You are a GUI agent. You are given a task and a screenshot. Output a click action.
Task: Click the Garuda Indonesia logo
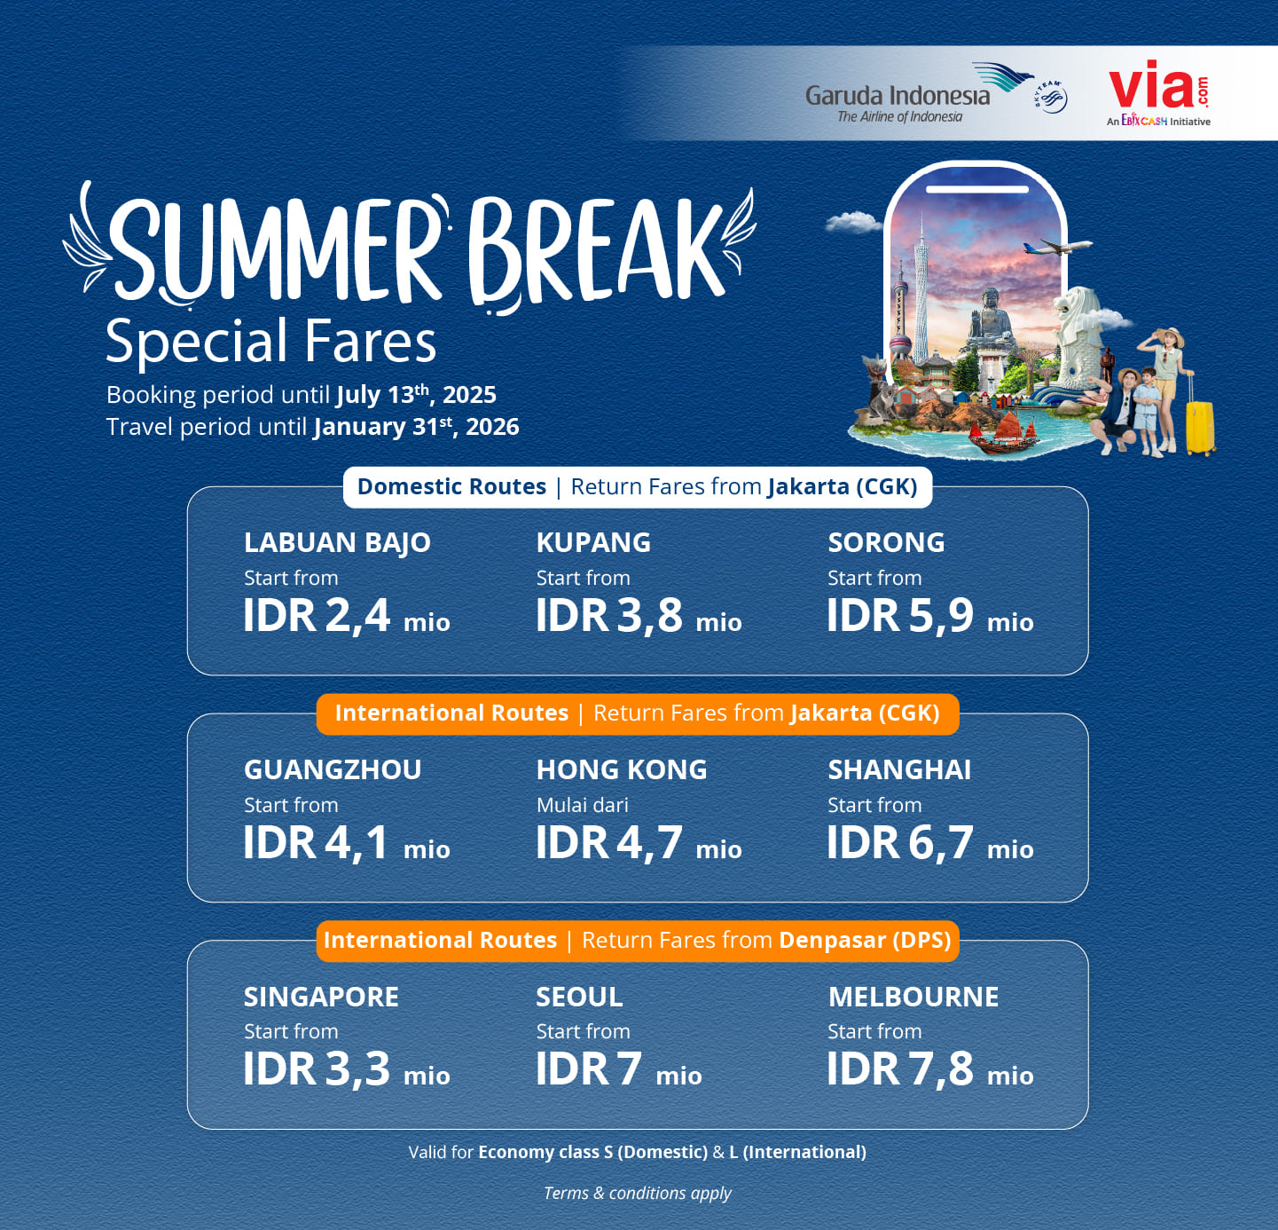click(920, 94)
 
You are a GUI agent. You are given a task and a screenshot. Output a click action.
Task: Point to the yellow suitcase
click(1200, 418)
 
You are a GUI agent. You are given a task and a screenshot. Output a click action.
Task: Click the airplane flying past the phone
click(1057, 247)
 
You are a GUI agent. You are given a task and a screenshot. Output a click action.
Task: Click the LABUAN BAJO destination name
click(337, 543)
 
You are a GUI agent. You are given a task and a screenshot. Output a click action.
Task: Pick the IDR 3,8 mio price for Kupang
click(639, 616)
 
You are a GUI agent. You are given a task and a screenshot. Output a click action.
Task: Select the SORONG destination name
click(886, 543)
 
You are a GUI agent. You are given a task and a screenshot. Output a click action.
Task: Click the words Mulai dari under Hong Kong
click(582, 805)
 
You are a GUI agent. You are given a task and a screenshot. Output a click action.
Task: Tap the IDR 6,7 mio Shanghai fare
click(930, 843)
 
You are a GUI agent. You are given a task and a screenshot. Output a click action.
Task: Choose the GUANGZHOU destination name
click(333, 770)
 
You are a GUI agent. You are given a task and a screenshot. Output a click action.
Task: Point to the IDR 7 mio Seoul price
click(619, 1069)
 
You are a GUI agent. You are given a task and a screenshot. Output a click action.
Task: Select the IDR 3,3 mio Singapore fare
click(347, 1069)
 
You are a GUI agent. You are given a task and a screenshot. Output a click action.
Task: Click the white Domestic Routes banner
click(637, 487)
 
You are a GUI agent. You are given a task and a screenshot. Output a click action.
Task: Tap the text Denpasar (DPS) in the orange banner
click(865, 940)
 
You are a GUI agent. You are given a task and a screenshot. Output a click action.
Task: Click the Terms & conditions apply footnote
click(637, 1194)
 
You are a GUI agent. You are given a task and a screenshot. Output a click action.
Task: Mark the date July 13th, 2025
click(416, 394)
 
